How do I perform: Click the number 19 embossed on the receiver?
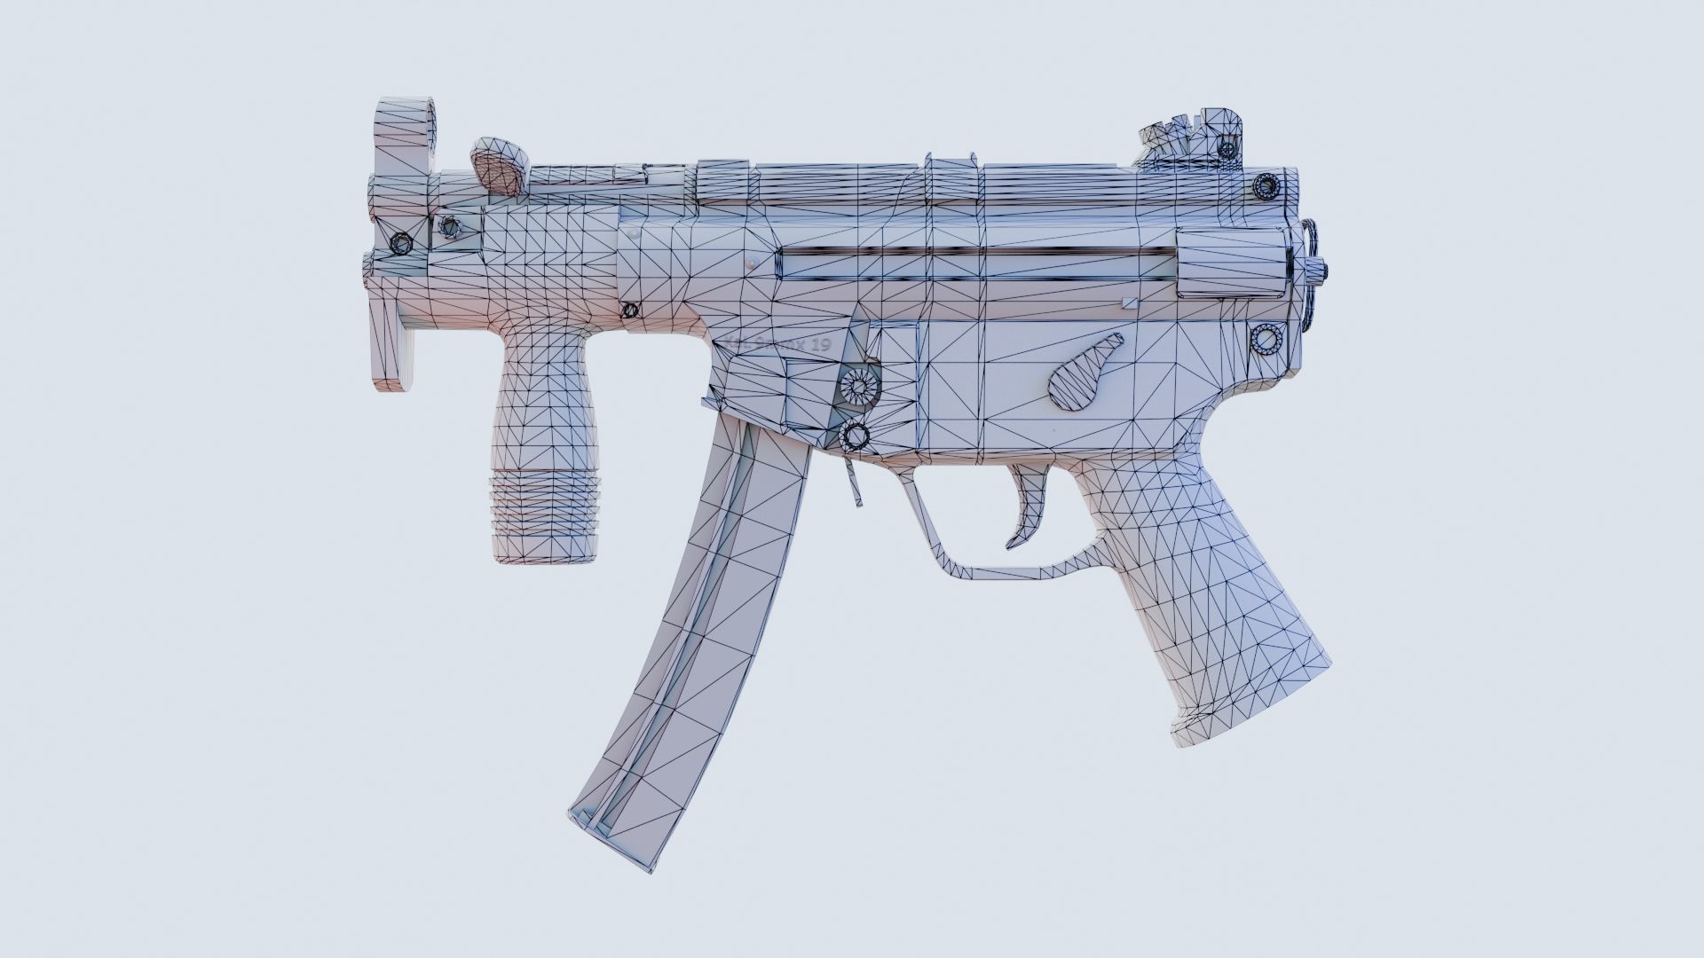pyautogui.click(x=818, y=345)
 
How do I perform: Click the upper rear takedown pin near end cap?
pyautogui.click(x=1264, y=186)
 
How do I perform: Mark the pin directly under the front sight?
pyautogui.click(x=400, y=242)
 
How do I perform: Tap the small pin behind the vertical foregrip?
pyautogui.click(x=630, y=310)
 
